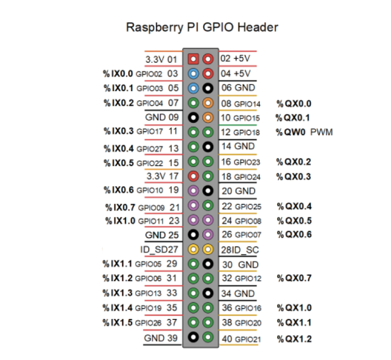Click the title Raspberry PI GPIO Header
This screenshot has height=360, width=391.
pos(202,27)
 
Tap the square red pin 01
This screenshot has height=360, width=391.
pos(193,59)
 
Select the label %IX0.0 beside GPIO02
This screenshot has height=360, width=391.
pos(118,74)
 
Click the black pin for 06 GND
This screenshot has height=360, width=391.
pos(208,88)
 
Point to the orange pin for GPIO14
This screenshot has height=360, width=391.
pos(208,103)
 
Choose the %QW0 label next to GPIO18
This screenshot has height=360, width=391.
pos(291,132)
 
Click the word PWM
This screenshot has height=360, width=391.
pos(322,132)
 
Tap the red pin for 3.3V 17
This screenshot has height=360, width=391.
pos(193,176)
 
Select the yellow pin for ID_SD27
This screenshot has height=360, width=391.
pos(193,249)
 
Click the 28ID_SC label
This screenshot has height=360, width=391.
pos(240,250)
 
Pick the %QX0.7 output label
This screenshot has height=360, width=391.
pos(294,278)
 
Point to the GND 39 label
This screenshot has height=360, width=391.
pos(161,338)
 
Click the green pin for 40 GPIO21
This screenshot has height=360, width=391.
pos(208,337)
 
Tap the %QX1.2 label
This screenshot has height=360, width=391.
pos(294,339)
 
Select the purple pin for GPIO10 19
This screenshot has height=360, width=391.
pos(193,191)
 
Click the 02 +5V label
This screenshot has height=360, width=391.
pos(235,58)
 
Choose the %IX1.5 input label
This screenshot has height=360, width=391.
pos(117,322)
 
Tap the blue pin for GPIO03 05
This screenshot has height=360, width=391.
pos(193,88)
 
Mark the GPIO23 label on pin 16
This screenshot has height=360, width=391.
pos(247,163)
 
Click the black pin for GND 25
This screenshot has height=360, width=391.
pos(193,235)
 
